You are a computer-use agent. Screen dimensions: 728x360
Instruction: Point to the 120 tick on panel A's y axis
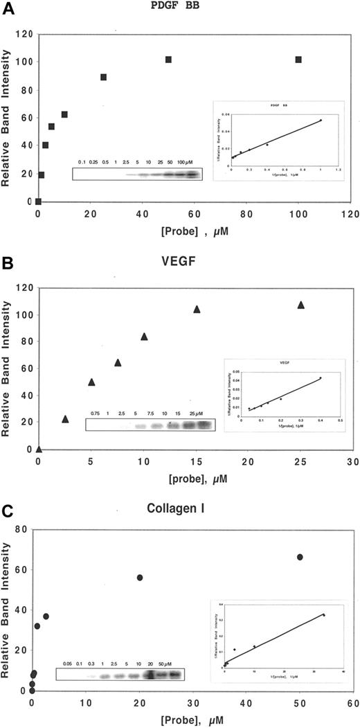(x=24, y=33)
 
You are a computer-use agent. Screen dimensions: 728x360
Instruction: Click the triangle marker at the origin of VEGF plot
(x=39, y=449)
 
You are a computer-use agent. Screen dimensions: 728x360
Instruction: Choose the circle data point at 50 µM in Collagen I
(x=300, y=557)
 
